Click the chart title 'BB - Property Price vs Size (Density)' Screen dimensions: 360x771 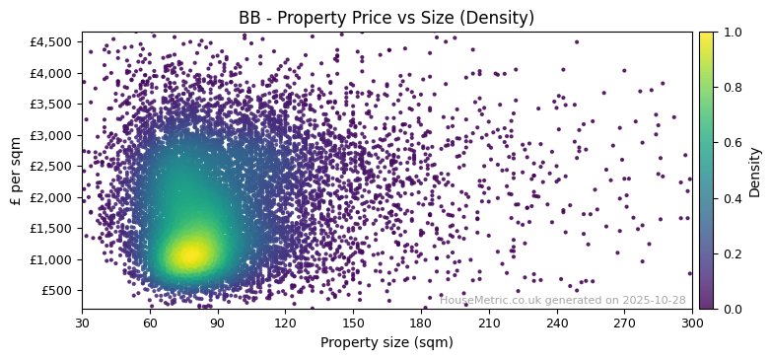[x=386, y=18]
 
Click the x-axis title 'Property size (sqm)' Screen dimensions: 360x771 [x=386, y=342]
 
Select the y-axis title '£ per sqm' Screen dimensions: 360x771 [x=16, y=171]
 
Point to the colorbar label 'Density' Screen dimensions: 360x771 [x=754, y=171]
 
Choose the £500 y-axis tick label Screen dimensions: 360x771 [x=55, y=290]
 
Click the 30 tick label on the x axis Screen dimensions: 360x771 [x=82, y=322]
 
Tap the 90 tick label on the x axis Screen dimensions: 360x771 [x=218, y=322]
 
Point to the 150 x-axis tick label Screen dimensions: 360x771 [x=353, y=322]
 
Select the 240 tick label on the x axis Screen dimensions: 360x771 [x=557, y=322]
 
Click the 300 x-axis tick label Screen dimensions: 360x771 [x=692, y=322]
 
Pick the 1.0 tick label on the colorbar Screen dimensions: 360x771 [x=729, y=32]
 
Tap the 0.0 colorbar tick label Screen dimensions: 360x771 [x=729, y=309]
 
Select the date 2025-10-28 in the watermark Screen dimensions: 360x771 [x=654, y=300]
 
